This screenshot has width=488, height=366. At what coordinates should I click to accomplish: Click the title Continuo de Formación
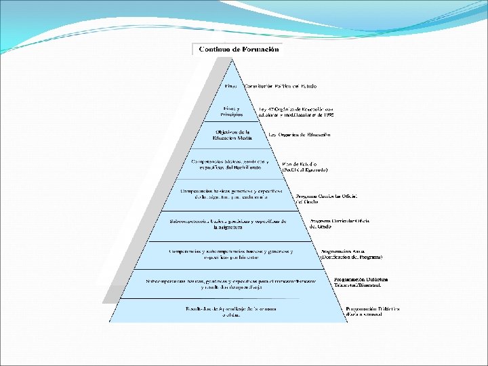239,49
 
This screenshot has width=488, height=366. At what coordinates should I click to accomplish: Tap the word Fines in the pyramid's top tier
232,86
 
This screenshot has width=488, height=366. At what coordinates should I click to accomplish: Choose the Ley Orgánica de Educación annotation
300,134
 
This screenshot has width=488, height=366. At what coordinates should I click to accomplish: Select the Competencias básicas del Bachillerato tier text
230,165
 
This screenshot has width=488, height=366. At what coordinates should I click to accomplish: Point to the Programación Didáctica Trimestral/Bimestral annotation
361,282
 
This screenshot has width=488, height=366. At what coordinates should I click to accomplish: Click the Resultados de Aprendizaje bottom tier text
231,311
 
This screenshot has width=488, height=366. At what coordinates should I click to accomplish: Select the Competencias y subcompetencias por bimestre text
231,254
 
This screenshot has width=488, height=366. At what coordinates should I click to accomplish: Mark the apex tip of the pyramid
232,58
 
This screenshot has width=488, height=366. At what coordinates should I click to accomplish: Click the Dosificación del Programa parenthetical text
351,258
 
